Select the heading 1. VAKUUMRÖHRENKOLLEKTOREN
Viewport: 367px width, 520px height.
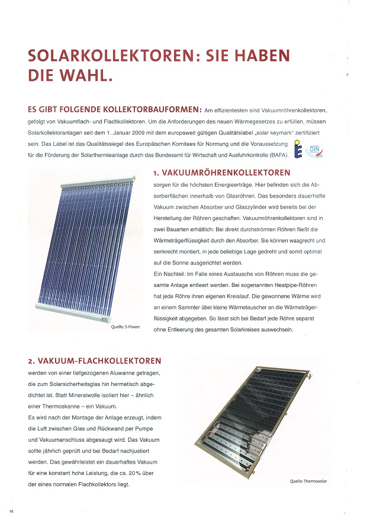click(221, 173)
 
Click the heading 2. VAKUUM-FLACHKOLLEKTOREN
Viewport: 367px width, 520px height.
click(94, 360)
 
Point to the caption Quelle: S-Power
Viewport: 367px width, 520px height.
click(125, 327)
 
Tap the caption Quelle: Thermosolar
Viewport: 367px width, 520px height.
click(308, 481)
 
